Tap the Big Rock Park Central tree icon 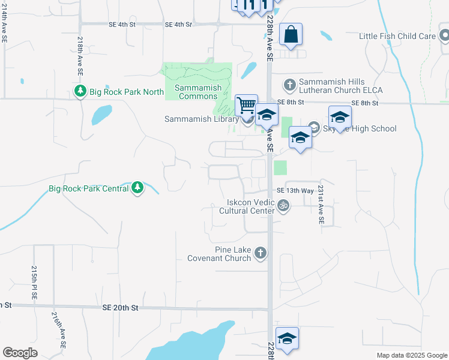tap(138, 188)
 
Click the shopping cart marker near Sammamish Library tap(246, 106)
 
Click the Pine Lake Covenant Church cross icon tap(261, 253)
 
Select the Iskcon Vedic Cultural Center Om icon tap(284, 206)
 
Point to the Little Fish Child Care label tap(397, 36)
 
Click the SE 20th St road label tap(120, 307)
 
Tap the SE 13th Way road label tap(295, 190)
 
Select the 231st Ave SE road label tap(321, 205)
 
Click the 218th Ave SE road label tap(80, 55)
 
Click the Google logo tap(20, 353)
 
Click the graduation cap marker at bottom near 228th tap(287, 338)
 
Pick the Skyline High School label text tap(360, 128)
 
